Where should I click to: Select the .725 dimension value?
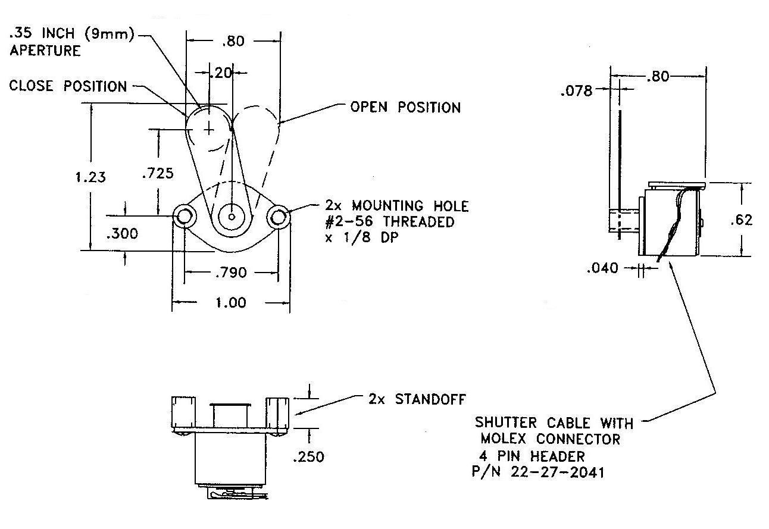tap(158, 174)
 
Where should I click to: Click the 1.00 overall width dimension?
tap(230, 302)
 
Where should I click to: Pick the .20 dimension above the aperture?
tap(221, 73)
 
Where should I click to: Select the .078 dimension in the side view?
tap(576, 91)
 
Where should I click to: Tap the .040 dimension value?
tap(602, 268)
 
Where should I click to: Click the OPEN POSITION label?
tap(405, 108)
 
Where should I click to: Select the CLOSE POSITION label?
tap(68, 86)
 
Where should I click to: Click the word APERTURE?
tap(45, 51)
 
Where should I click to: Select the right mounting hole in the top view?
tap(277, 217)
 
